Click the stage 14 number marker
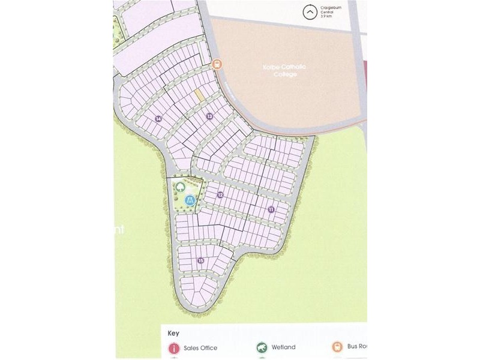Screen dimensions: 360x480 pyautogui.click(x=158, y=119)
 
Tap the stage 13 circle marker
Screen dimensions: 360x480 pyautogui.click(x=209, y=116)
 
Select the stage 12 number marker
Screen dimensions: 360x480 pyautogui.click(x=220, y=194)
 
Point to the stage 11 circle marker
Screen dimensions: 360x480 pyautogui.click(x=271, y=209)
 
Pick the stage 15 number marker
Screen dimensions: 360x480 pyautogui.click(x=200, y=260)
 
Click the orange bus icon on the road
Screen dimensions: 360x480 pyautogui.click(x=217, y=64)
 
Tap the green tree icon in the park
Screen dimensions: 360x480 pyautogui.click(x=181, y=187)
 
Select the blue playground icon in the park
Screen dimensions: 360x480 pyautogui.click(x=190, y=201)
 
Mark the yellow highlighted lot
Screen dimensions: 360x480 pyautogui.click(x=199, y=95)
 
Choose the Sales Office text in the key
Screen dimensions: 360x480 pyautogui.click(x=202, y=348)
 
